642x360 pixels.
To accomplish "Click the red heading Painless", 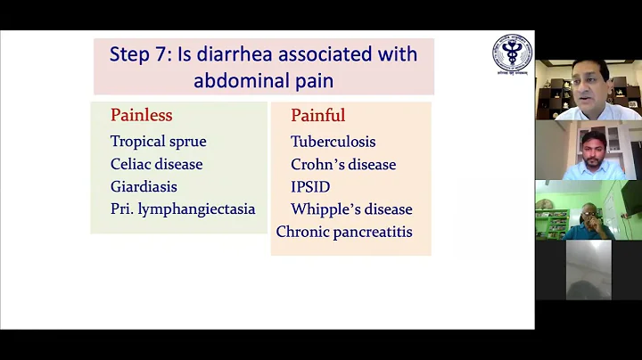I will [x=141, y=115].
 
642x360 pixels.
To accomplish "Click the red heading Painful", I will [x=317, y=116].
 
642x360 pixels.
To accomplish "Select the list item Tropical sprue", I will [x=158, y=141].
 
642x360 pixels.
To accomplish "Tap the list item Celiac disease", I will [x=156, y=164].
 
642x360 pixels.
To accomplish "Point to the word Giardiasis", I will [x=144, y=186].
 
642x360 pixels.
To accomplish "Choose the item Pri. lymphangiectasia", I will [x=183, y=209].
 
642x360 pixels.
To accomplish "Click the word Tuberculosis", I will [x=333, y=142].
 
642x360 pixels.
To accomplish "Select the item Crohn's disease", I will [x=343, y=164].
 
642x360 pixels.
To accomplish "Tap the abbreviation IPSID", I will [x=310, y=186].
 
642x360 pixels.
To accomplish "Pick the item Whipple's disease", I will [x=351, y=209].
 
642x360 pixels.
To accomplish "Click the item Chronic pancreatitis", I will [x=343, y=232].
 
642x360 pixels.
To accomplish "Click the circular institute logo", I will [x=511, y=53].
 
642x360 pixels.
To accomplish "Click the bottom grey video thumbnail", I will [x=588, y=269].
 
